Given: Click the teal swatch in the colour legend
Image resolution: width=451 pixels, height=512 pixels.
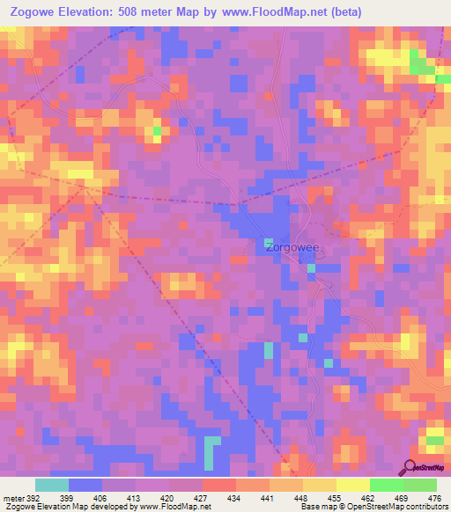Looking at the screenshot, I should click(52, 485).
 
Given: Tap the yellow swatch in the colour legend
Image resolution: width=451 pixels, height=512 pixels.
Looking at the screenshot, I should click(352, 485).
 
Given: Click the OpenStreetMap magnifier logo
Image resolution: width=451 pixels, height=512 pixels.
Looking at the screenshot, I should click(410, 466).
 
